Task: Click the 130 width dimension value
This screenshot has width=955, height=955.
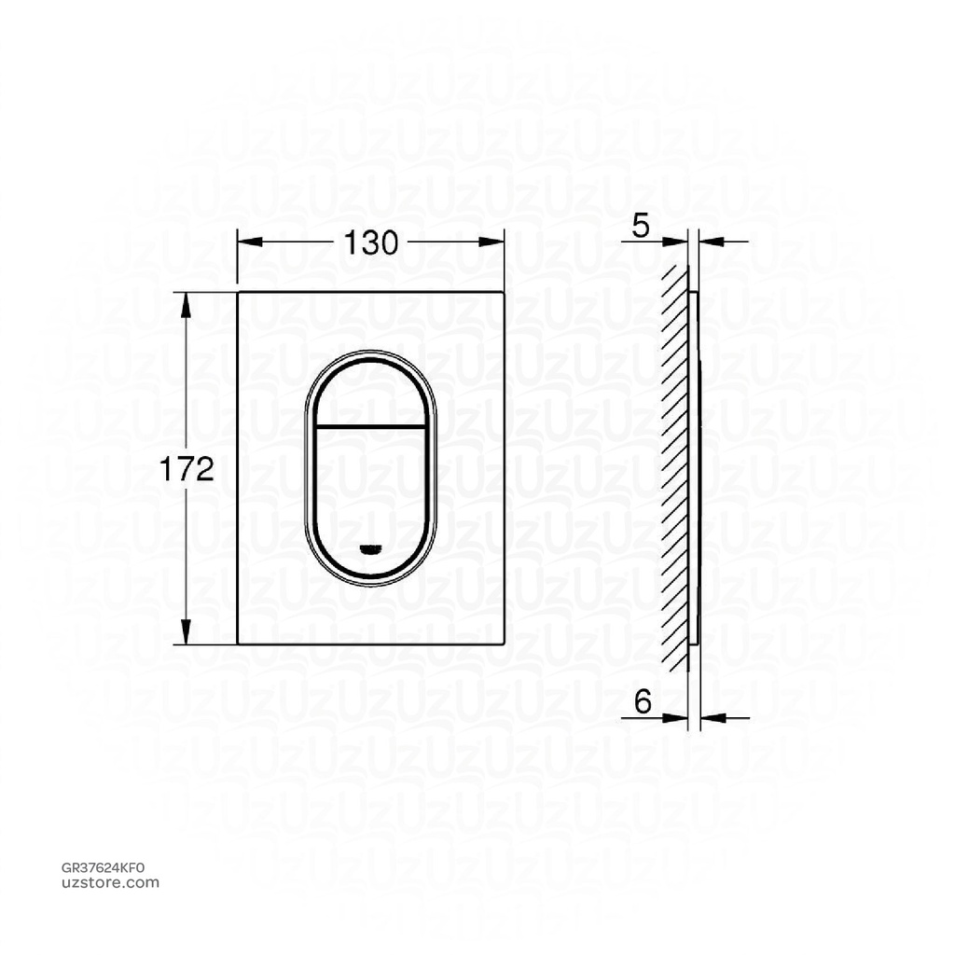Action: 371,242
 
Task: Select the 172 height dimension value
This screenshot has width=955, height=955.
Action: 187,469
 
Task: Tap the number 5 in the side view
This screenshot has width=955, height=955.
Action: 641,228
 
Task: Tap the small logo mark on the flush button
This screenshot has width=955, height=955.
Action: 371,548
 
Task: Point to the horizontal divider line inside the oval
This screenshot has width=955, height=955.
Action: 371,426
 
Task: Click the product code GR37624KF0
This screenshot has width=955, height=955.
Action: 104,867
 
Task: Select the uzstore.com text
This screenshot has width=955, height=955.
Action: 104,882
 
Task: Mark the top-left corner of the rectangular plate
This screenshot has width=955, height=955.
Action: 239,292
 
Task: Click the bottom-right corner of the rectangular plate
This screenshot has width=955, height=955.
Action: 505,644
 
